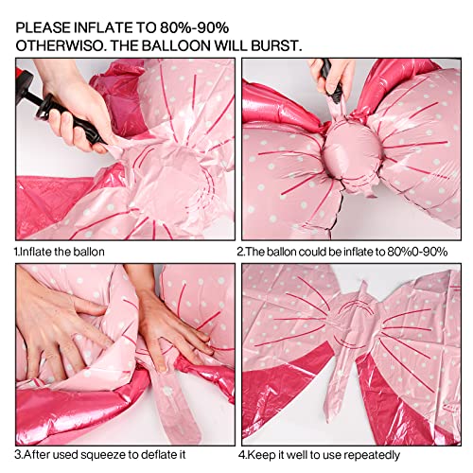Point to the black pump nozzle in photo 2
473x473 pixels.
325,76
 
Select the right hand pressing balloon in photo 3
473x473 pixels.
175,326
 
